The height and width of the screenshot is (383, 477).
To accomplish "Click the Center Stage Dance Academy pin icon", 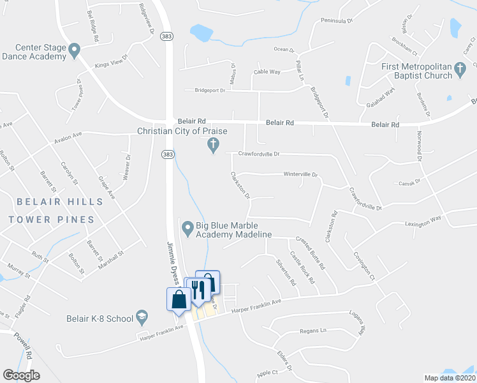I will point(75,50).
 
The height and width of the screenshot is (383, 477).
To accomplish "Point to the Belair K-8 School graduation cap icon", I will point(142,318).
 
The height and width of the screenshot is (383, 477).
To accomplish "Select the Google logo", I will point(21,375).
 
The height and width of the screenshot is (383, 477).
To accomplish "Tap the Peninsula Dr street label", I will point(337,20).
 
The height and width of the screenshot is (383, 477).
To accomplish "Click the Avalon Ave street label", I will point(69,135).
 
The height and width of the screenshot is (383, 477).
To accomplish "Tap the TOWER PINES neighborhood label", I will point(52,220).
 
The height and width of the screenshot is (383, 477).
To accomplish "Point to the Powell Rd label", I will point(25,351).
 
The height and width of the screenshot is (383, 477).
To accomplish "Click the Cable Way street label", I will point(267,72).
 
